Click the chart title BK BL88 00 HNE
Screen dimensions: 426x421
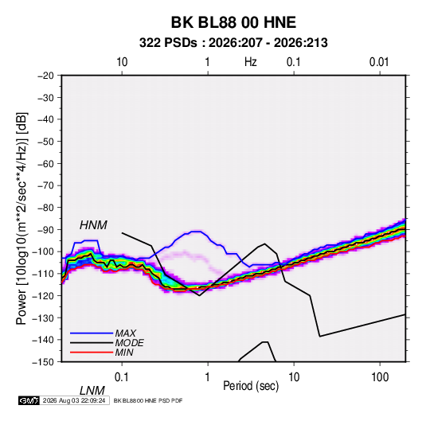point(233,22)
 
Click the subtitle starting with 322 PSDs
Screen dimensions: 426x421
point(233,43)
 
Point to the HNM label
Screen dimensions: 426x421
point(93,225)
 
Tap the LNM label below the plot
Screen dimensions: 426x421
point(92,391)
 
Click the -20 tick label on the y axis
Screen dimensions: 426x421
point(45,76)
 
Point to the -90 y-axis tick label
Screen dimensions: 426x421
point(45,229)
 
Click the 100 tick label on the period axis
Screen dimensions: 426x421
point(380,376)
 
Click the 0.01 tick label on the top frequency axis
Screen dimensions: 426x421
point(379,62)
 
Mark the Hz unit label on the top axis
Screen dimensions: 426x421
point(251,62)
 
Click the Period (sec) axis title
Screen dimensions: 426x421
point(251,386)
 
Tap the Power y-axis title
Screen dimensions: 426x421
point(21,219)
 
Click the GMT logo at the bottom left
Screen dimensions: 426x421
point(29,400)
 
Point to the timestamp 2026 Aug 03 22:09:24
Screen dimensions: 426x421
point(74,400)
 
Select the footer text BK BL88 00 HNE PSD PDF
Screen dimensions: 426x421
point(148,400)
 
